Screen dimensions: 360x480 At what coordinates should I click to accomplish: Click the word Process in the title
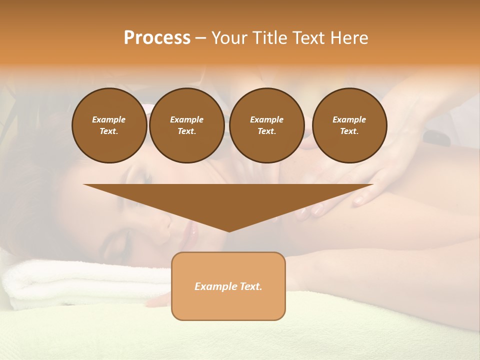tap(157, 38)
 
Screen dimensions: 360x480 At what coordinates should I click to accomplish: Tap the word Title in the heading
tap(270, 38)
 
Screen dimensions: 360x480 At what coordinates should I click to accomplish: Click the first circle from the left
tap(109, 125)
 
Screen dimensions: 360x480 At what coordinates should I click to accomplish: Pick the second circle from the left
tap(186, 125)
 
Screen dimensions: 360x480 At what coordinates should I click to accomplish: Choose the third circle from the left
tap(266, 125)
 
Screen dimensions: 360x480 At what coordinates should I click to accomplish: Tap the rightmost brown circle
tap(349, 125)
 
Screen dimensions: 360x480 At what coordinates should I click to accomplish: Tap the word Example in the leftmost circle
tap(109, 119)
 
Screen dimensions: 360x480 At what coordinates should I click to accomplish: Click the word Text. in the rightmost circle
tap(349, 131)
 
